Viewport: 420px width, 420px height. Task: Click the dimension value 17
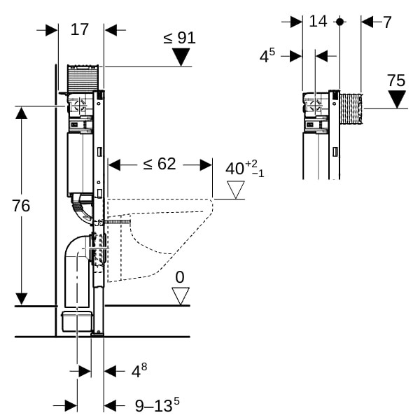point(80,29)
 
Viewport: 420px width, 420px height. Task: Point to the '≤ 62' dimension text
point(160,164)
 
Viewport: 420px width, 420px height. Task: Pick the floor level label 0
point(180,277)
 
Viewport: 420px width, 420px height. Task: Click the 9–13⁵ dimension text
point(157,405)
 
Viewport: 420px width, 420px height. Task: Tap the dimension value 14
point(318,21)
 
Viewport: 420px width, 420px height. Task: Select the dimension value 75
point(396,80)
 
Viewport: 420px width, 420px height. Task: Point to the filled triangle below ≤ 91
point(182,57)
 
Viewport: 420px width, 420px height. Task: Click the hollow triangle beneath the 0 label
point(181,296)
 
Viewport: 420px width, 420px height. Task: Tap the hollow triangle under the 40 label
point(235,189)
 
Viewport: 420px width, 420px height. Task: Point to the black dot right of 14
point(339,22)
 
